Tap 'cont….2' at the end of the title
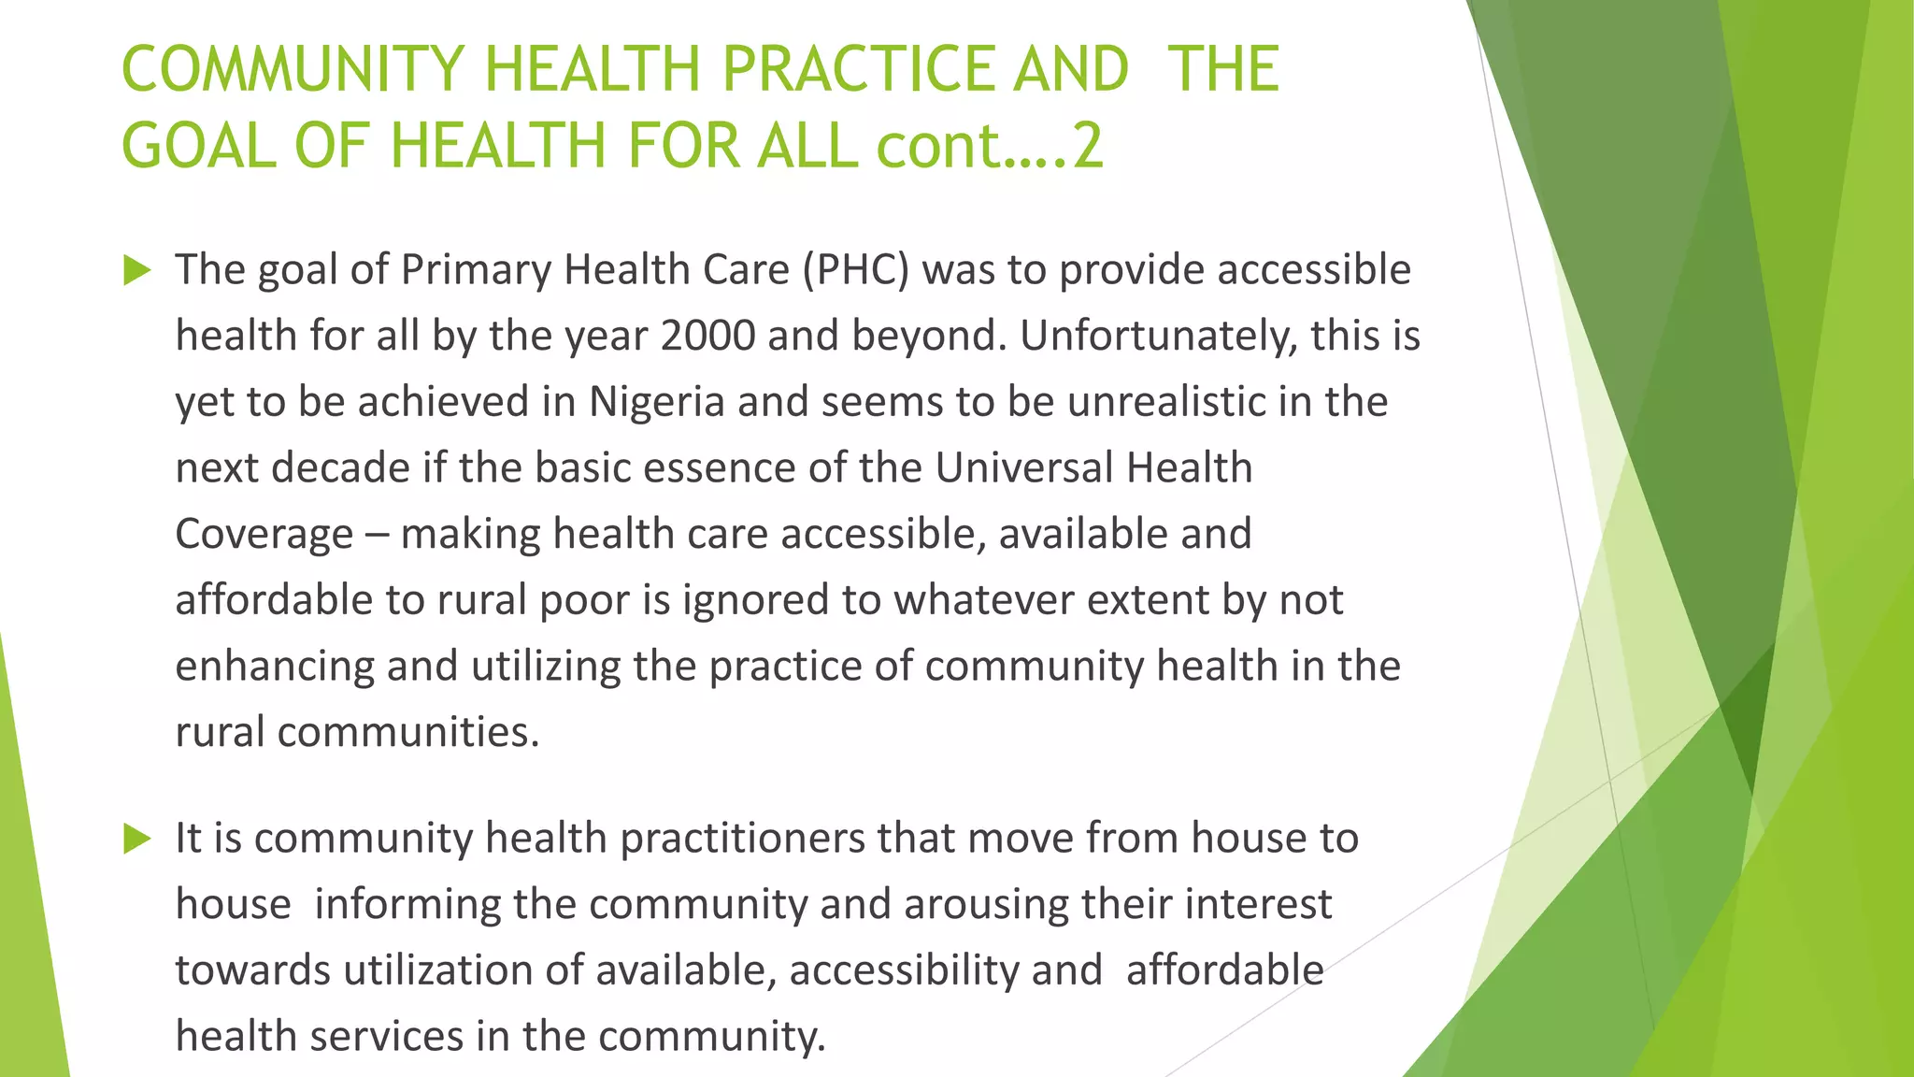coord(990,147)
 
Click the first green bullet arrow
coord(137,271)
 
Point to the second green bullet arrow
coord(137,839)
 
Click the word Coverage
coord(264,535)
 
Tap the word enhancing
coord(274,667)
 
